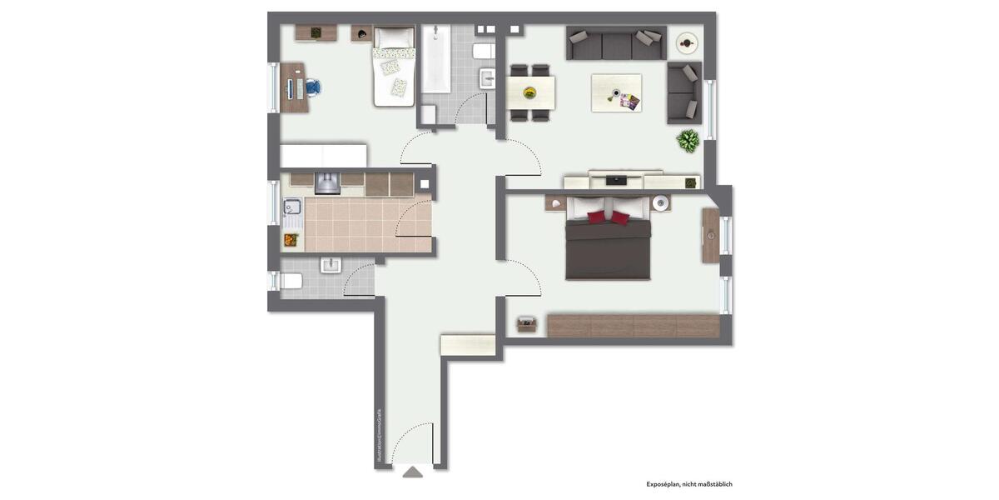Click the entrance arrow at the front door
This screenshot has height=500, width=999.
(x=413, y=472)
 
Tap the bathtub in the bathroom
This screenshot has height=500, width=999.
(x=435, y=60)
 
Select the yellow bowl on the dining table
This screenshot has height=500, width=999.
(x=527, y=92)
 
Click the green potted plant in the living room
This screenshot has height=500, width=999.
(x=688, y=141)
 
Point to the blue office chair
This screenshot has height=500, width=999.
(x=312, y=87)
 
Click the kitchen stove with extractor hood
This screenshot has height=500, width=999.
(x=328, y=183)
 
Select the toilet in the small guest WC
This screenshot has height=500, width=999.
(x=289, y=281)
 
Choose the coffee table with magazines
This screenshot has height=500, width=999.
(x=616, y=92)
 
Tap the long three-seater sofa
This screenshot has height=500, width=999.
(x=616, y=42)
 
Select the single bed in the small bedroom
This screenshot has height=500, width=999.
(x=394, y=67)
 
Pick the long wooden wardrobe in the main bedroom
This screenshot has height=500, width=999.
(x=633, y=325)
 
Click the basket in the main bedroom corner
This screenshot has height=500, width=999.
(x=526, y=324)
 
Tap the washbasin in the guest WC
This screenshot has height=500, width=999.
(x=331, y=266)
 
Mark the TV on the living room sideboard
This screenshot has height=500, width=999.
(x=617, y=179)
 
